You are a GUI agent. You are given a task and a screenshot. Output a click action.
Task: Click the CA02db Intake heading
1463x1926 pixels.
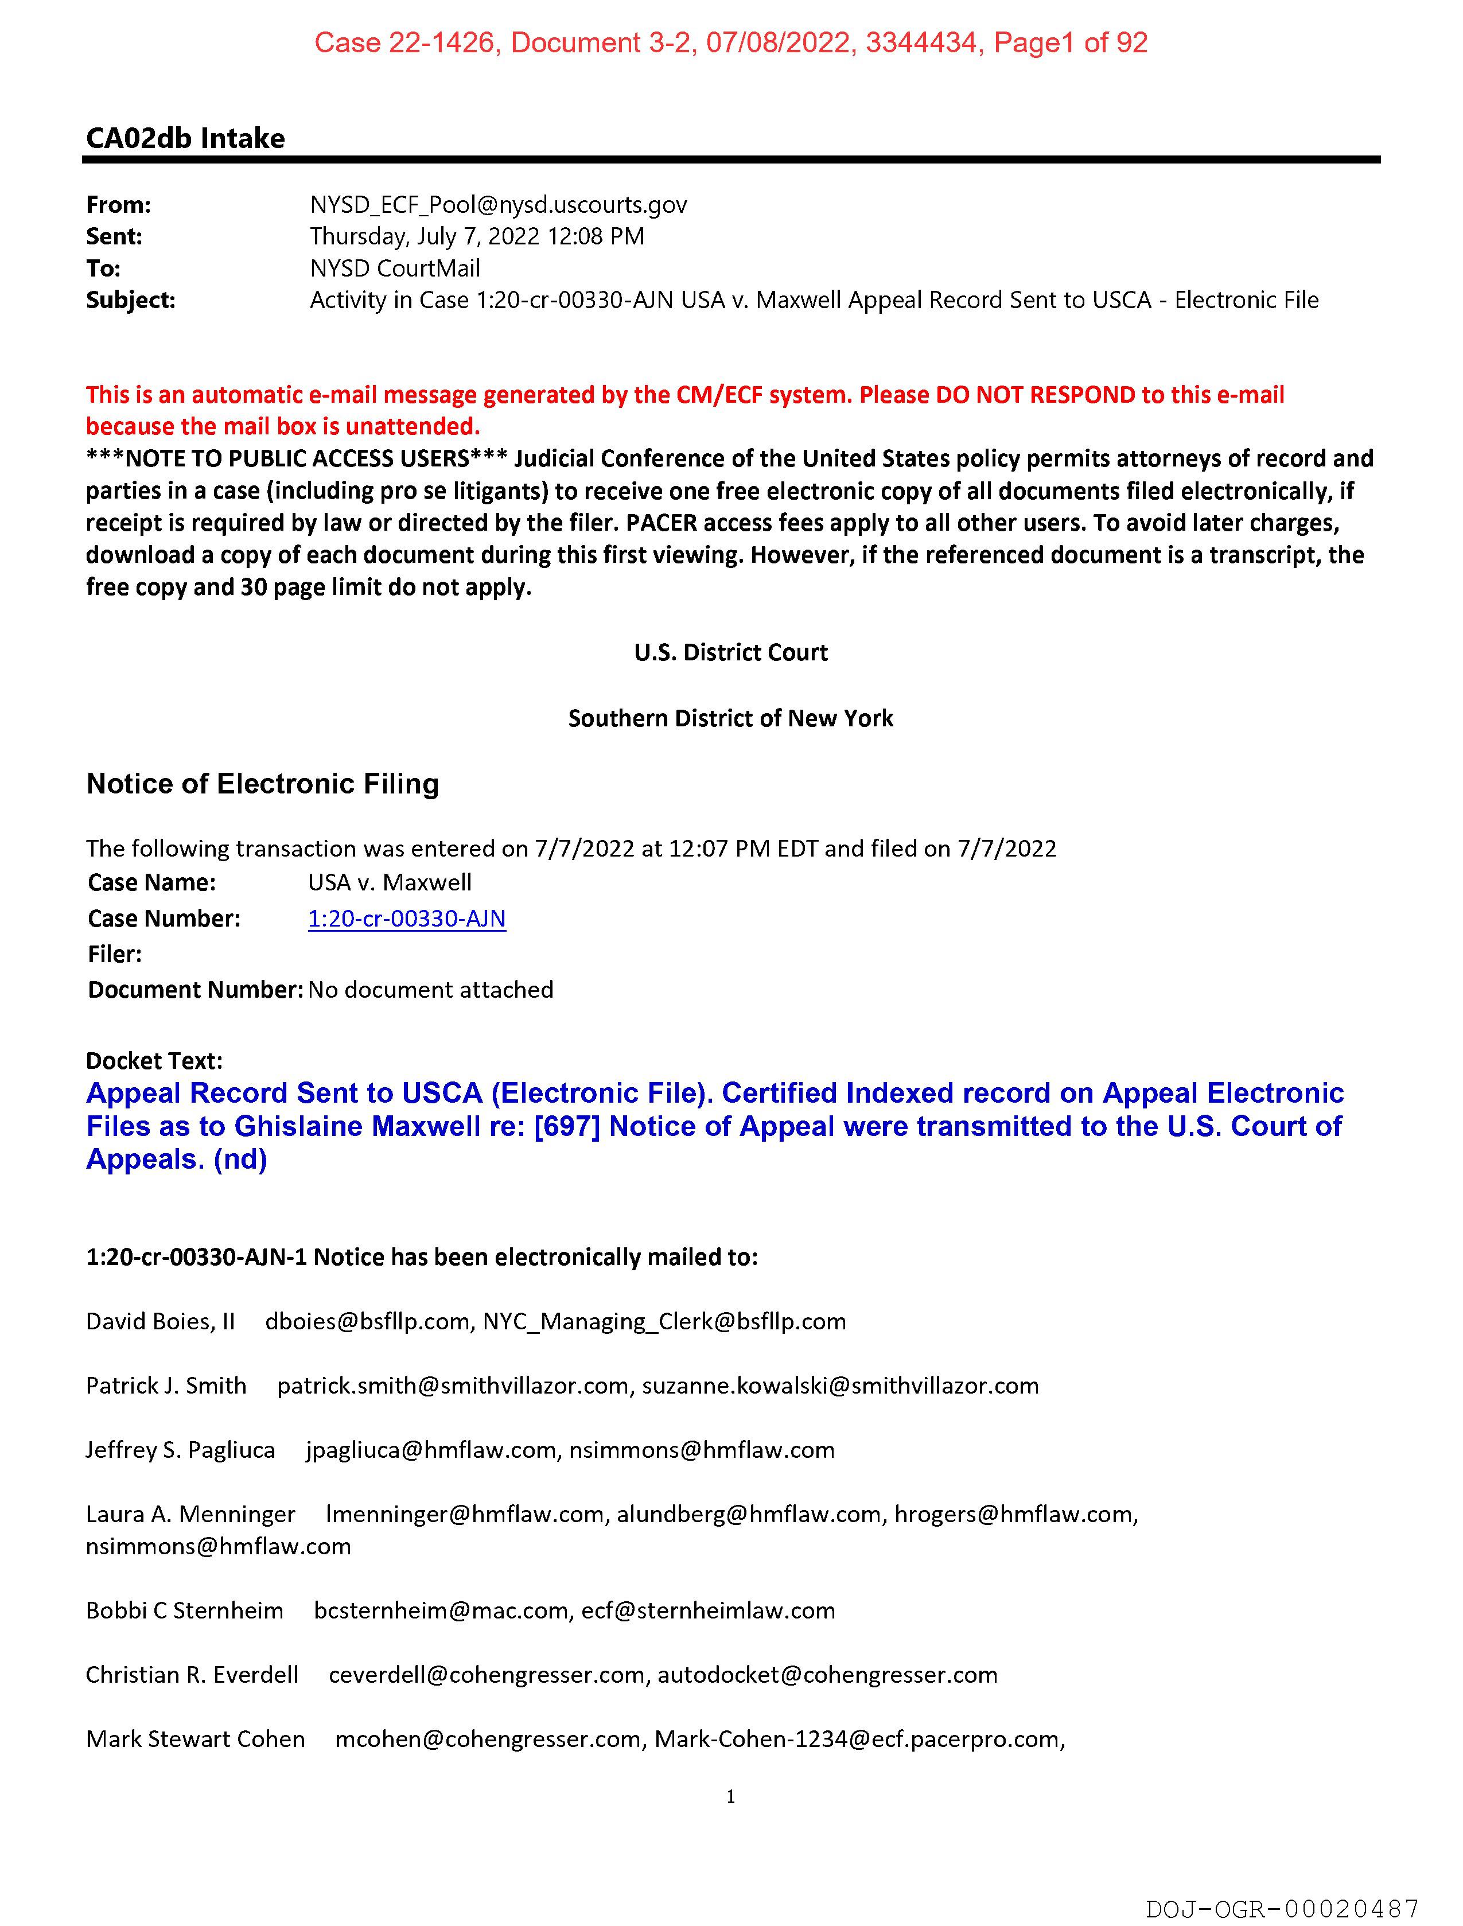point(185,138)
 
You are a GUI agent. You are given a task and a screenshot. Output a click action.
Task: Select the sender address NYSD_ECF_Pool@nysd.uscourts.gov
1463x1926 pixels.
point(498,205)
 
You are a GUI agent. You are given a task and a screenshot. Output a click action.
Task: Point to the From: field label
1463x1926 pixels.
point(118,205)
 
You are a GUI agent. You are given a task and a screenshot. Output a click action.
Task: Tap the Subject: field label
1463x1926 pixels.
point(131,301)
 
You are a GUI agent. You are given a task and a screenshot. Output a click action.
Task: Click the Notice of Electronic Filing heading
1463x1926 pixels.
point(262,784)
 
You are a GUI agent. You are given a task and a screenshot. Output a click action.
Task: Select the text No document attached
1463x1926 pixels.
point(430,990)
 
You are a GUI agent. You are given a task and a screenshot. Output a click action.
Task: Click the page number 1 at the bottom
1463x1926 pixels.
point(730,1796)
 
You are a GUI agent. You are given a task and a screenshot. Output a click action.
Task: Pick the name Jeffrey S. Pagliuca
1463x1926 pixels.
point(180,1450)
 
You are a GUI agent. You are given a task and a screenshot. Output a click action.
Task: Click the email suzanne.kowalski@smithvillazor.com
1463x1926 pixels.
point(841,1386)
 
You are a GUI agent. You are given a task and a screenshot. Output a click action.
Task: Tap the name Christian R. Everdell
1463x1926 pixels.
point(192,1675)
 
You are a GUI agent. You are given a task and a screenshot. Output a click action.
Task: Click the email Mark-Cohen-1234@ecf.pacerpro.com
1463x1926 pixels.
point(857,1740)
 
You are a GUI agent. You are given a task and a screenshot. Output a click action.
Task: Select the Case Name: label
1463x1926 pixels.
point(151,883)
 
